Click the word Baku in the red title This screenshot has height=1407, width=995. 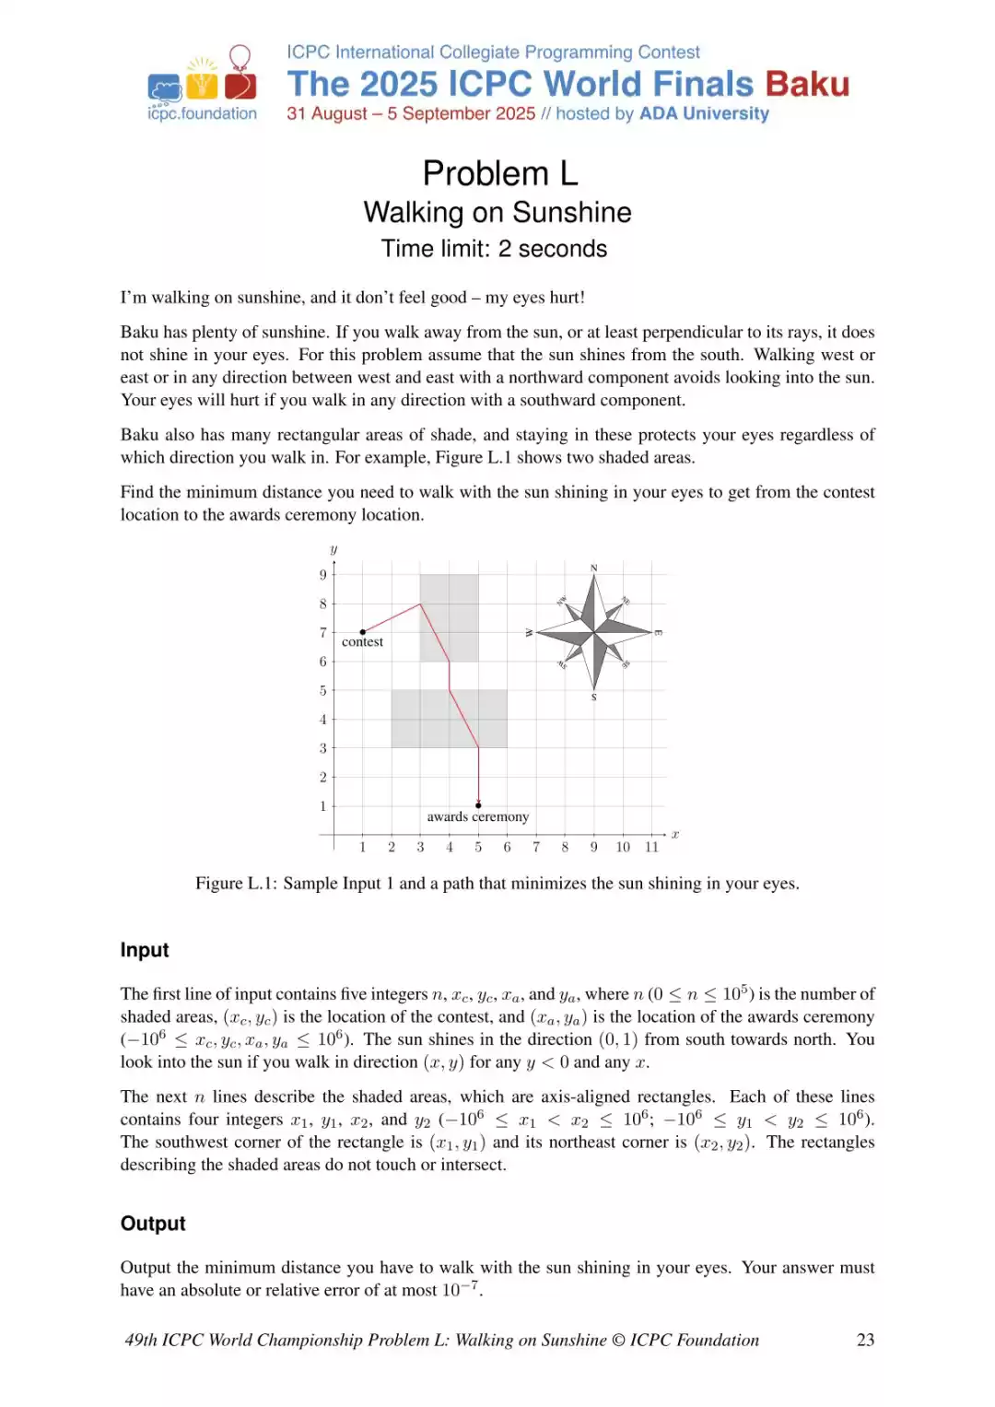point(806,85)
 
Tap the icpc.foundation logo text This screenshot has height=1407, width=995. point(202,113)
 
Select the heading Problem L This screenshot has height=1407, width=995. point(499,173)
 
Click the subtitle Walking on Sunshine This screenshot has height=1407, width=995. point(497,212)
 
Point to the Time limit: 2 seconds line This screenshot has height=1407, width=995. point(495,249)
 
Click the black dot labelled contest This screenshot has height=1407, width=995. point(363,632)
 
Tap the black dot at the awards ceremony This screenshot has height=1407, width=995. point(478,805)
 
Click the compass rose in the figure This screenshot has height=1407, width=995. point(595,632)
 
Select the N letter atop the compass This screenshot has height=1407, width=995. point(594,568)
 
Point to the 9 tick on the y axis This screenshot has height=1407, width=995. point(323,575)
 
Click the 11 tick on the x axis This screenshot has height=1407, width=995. point(652,848)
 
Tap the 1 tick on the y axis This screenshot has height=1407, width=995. point(323,806)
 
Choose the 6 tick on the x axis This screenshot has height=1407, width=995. point(507,848)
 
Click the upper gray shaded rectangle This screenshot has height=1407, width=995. point(449,617)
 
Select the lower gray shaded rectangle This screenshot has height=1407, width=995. point(449,719)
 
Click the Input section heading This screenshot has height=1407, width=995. point(145,950)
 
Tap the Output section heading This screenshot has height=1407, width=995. point(153,1224)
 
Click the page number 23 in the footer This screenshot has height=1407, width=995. point(865,1340)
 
